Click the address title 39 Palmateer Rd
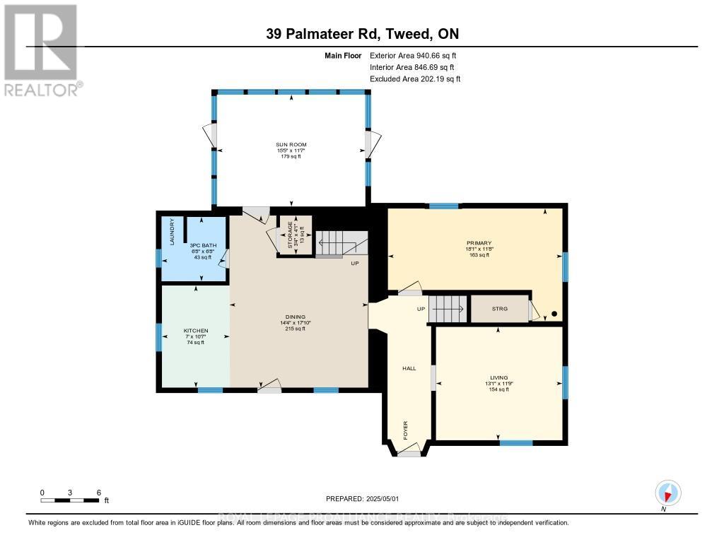(361, 35)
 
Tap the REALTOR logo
(42, 50)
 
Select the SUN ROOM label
(291, 145)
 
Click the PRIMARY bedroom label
(478, 243)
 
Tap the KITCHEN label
(196, 331)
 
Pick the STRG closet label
(499, 308)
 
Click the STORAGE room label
(289, 233)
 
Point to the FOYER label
(406, 430)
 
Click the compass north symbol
(667, 493)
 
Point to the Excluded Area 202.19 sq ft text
(415, 79)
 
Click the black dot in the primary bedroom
(554, 314)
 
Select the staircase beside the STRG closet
(448, 309)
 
